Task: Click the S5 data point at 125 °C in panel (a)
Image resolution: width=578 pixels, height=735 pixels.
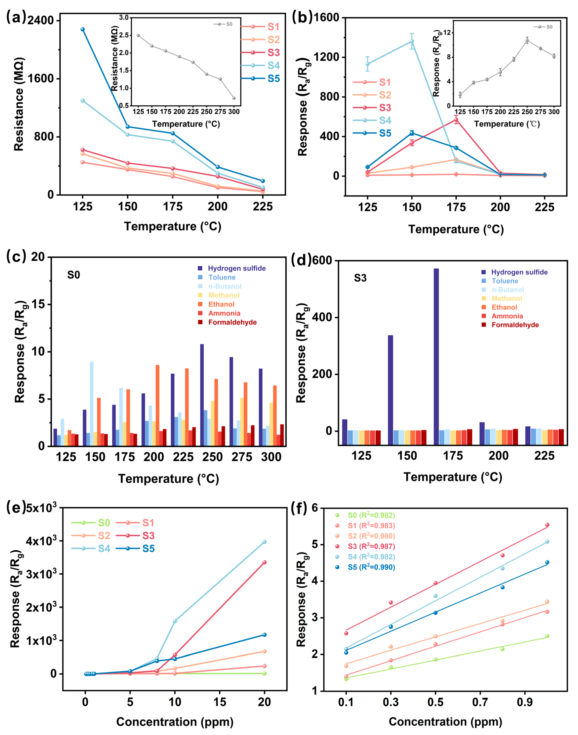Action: click(83, 30)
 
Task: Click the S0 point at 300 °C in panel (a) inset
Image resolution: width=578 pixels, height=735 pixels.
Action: click(234, 98)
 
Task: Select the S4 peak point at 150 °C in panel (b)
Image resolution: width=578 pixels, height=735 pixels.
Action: click(412, 41)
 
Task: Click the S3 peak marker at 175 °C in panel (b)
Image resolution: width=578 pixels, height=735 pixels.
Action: click(456, 120)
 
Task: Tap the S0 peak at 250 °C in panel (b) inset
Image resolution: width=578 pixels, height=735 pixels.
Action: click(527, 41)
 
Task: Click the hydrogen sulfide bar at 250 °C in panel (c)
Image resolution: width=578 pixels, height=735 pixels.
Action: click(202, 395)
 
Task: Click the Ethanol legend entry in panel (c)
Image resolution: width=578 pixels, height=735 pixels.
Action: click(221, 304)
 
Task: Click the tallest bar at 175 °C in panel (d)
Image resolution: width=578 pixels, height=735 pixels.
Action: click(436, 350)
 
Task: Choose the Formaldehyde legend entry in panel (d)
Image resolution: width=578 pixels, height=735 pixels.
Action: click(515, 325)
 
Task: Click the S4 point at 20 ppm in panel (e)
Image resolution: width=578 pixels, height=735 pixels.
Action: click(264, 542)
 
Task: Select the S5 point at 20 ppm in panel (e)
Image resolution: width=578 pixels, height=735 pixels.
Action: click(264, 635)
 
